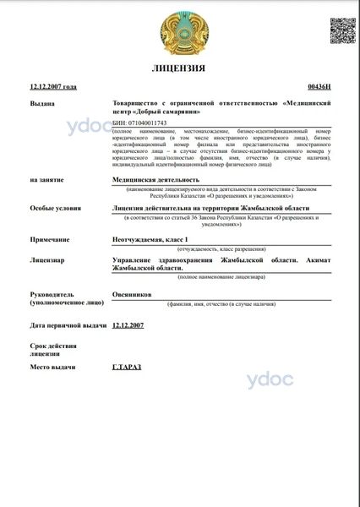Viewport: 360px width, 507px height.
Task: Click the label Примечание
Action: coord(51,241)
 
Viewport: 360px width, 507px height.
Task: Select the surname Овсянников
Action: coord(132,294)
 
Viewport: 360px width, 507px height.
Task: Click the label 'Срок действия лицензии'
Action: coord(55,352)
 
